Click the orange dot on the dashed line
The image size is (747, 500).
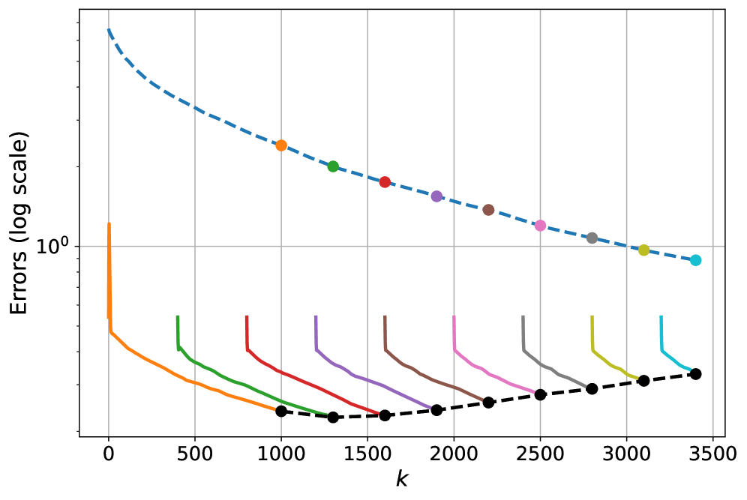281,145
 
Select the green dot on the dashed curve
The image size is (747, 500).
333,166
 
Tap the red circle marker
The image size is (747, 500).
385,182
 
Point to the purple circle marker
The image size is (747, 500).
436,196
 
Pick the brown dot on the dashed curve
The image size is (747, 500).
488,210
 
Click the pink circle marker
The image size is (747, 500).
540,226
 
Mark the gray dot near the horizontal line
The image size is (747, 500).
592,238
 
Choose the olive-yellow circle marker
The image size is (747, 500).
643,250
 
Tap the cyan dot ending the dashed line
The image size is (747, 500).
695,260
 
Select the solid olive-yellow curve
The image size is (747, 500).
611,364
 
